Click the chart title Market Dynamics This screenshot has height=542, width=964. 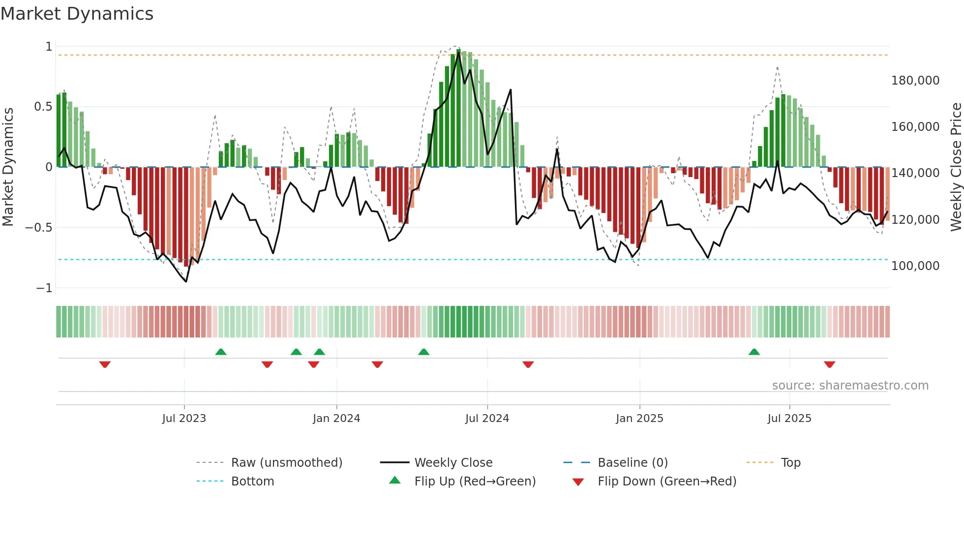[77, 14]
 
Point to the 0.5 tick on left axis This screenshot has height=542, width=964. [43, 107]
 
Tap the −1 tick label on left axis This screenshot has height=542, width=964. [44, 288]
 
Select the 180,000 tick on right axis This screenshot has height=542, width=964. [915, 81]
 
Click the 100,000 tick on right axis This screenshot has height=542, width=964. [915, 266]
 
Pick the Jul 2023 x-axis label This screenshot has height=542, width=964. [184, 419]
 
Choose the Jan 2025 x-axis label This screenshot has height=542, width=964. [639, 419]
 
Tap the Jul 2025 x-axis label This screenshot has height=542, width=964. [789, 419]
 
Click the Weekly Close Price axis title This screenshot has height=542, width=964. [956, 167]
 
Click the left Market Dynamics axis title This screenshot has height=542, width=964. [8, 167]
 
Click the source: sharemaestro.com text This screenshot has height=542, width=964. [850, 386]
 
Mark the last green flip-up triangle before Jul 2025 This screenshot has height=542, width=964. [754, 352]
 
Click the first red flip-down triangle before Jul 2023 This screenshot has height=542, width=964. [105, 364]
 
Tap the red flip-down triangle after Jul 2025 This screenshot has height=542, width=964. [830, 364]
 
